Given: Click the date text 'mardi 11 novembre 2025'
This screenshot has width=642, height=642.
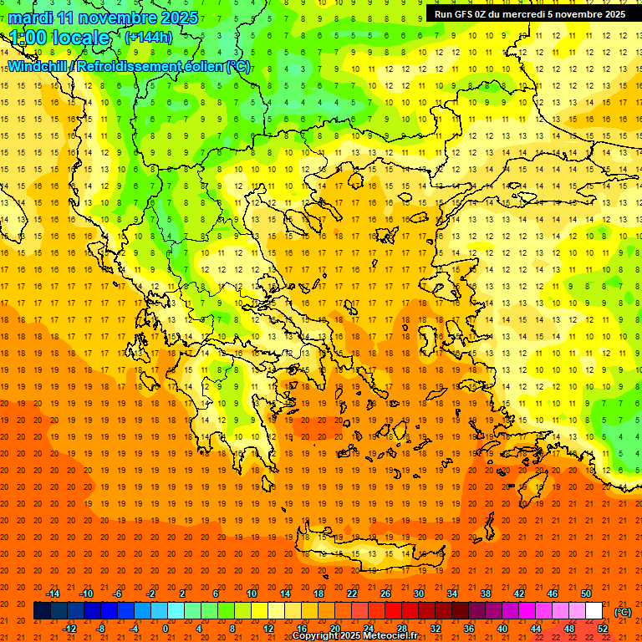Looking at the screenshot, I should pyautogui.click(x=104, y=18).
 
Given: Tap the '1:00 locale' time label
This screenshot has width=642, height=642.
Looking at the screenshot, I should pyautogui.click(x=59, y=38).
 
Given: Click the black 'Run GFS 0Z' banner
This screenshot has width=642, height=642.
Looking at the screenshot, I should pyautogui.click(x=529, y=14).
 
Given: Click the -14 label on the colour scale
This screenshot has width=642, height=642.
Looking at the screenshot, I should pyautogui.click(x=53, y=594).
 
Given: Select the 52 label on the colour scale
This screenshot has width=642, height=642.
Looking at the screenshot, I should pyautogui.click(x=603, y=629).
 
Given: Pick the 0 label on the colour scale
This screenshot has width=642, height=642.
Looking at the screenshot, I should pyautogui.click(x=165, y=629).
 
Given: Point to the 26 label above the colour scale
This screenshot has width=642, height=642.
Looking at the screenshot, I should pyautogui.click(x=385, y=594).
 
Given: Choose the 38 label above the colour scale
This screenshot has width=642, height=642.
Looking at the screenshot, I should pyautogui.click(x=485, y=594).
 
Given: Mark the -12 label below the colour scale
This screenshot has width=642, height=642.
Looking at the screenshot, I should pyautogui.click(x=69, y=629).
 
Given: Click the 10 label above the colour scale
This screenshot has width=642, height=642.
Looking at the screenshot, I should pyautogui.click(x=251, y=594).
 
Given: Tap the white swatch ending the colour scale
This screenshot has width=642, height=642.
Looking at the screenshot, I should pyautogui.click(x=594, y=611).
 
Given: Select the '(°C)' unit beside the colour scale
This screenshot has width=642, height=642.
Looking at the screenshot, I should pyautogui.click(x=622, y=611).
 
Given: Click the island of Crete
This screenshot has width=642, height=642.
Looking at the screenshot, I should pyautogui.click(x=351, y=553).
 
